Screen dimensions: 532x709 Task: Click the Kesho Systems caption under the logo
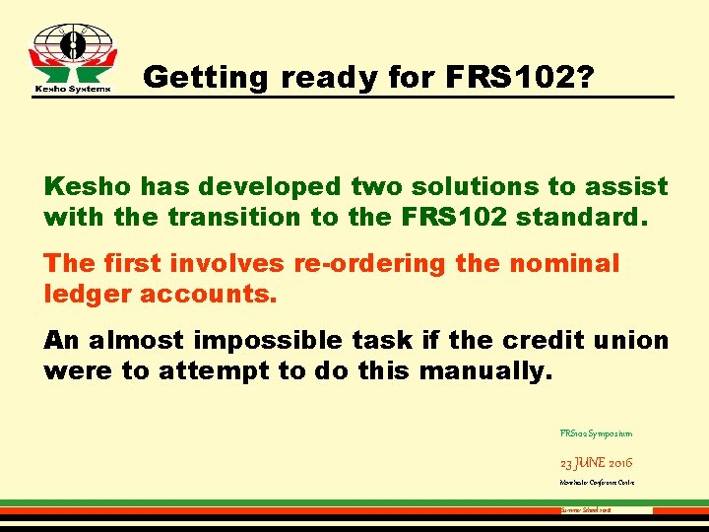tap(68, 88)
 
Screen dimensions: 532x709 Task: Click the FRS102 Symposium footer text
tap(596, 432)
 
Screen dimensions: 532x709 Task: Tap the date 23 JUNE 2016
tap(596, 461)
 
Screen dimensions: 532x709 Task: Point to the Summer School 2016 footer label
tap(586, 510)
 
